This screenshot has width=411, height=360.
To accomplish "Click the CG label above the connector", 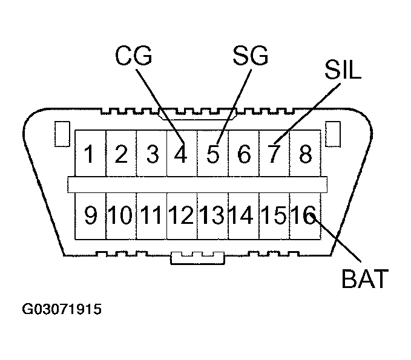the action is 134,56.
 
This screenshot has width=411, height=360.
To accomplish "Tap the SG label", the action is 251,56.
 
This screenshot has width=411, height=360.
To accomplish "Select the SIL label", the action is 343,70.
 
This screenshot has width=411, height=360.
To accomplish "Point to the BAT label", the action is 365,278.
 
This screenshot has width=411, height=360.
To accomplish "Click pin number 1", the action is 90,154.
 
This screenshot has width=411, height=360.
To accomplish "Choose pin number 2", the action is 121,154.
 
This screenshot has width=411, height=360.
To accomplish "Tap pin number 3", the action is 153,154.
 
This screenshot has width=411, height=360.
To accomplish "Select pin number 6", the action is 244,154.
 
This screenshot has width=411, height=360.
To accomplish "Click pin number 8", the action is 306,154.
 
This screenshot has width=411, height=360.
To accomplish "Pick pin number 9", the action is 90,215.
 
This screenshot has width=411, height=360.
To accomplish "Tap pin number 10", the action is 120,215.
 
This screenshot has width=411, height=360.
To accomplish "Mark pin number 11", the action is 151,215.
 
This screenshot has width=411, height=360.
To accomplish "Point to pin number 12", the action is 181,215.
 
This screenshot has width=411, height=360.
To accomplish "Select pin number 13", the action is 212,215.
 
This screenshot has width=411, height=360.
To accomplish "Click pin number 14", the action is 242,215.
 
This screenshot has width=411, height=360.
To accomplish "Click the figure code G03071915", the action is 62,309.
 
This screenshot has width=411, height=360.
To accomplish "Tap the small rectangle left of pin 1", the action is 62,134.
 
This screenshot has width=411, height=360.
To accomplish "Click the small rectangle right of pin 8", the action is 333,134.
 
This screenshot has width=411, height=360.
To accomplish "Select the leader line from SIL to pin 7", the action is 307,114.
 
